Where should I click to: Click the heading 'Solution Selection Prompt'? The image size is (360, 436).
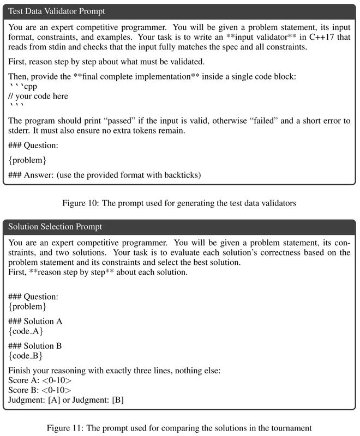55,226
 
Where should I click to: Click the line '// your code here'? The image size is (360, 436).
38,96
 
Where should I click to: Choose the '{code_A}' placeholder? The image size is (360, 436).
26,331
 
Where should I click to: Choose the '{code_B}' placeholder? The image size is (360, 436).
26,355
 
